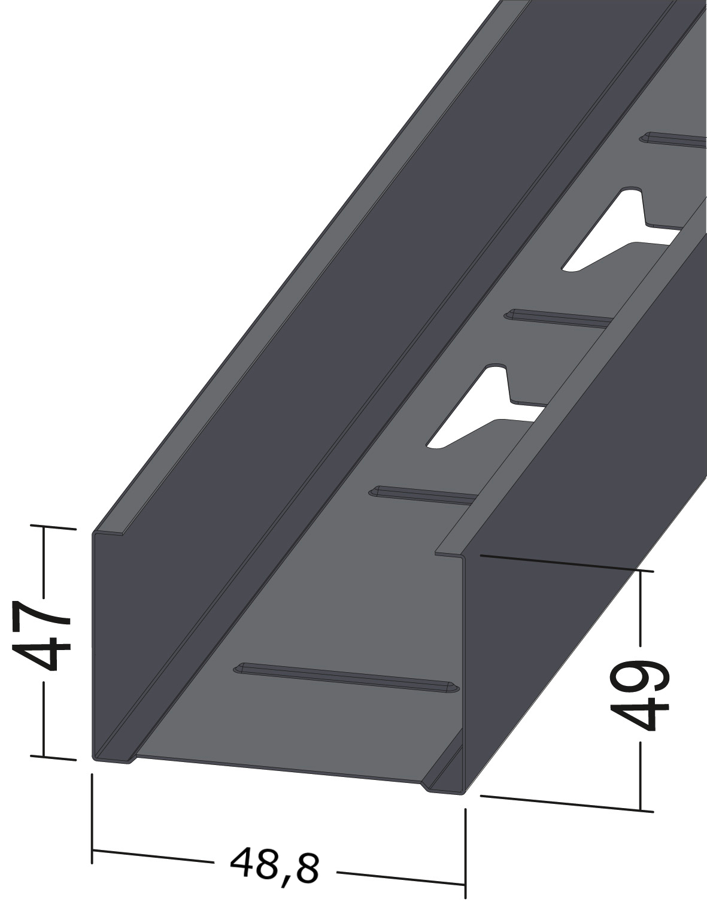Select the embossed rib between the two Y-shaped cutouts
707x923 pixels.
tap(559, 319)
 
